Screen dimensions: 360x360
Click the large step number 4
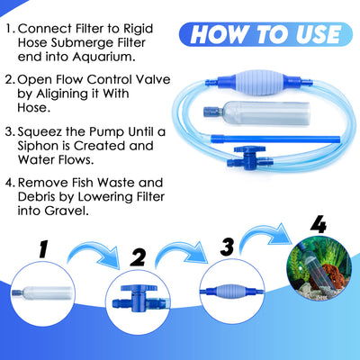(x=317, y=222)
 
